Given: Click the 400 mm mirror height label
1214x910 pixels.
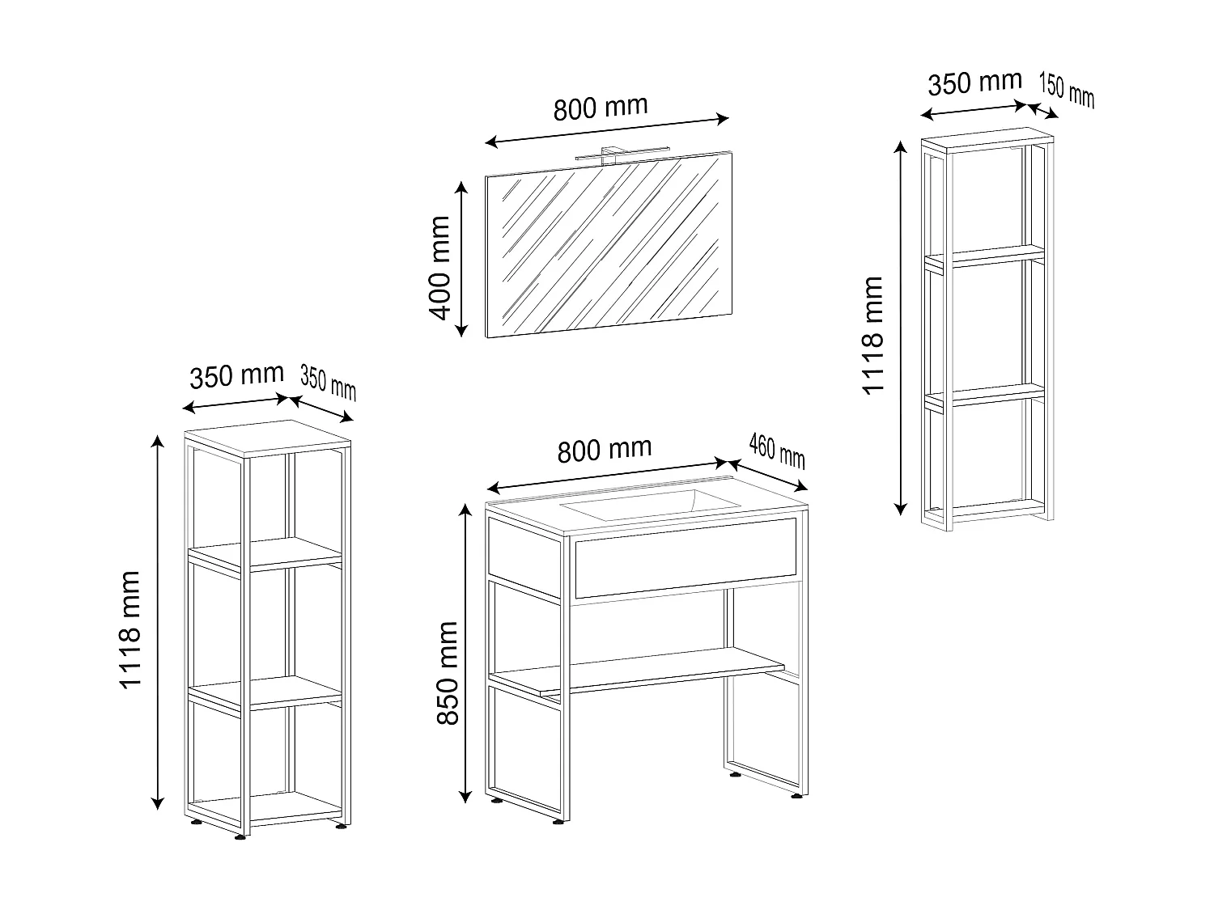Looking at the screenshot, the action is (x=439, y=268).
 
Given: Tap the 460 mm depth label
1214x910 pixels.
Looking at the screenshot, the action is (x=777, y=451).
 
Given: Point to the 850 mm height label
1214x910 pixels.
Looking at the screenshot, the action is (x=448, y=673).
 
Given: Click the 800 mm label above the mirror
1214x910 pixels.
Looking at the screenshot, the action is (x=601, y=108).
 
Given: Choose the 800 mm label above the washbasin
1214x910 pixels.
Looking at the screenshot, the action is (x=605, y=451).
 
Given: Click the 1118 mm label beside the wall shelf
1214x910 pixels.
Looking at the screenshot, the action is (x=873, y=336).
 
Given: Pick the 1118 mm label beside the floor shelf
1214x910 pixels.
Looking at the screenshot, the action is (x=130, y=630).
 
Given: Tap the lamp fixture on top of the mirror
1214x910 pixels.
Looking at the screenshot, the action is (x=622, y=153).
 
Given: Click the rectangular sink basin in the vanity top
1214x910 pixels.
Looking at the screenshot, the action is (x=650, y=505).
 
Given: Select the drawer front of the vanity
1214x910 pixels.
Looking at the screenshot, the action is (x=686, y=558).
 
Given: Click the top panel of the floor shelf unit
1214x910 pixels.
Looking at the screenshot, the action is (x=268, y=438).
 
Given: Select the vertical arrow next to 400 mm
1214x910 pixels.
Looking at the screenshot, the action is (x=461, y=259).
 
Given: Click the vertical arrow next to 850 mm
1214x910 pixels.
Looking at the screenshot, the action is (x=465, y=653).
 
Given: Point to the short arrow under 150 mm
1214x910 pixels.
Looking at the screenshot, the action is (x=1042, y=111).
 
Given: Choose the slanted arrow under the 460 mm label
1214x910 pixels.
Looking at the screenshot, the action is (x=766, y=475).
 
